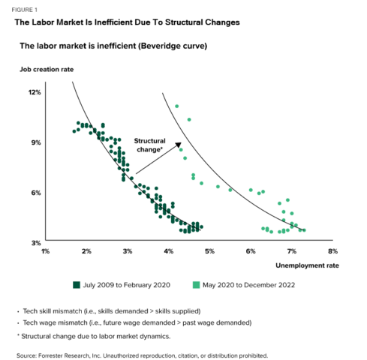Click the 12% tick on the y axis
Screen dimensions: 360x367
pyautogui.click(x=35, y=92)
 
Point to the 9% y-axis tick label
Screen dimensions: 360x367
pyautogui.click(x=36, y=142)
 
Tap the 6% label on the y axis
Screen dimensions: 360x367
pyautogui.click(x=36, y=193)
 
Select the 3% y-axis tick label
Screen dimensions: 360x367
pyautogui.click(x=36, y=243)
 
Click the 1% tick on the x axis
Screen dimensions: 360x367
pyautogui.click(x=45, y=250)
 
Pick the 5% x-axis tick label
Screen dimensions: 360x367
pyautogui.click(x=209, y=250)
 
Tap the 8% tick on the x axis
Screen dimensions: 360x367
pyautogui.click(x=332, y=250)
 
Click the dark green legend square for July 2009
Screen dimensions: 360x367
pyautogui.click(x=77, y=284)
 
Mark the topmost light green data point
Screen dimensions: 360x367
pyautogui.click(x=176, y=106)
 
